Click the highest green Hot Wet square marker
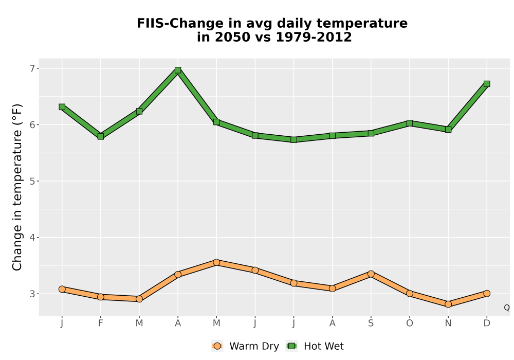tap(178, 70)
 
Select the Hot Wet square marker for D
tap(487, 84)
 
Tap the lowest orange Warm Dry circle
tap(448, 304)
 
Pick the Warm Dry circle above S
tap(371, 274)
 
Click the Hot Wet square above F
tap(101, 136)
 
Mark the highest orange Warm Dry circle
tap(216, 262)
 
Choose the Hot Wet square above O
tap(410, 123)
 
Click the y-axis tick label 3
tap(32, 294)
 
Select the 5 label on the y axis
tap(32, 182)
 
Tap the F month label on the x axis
tap(101, 323)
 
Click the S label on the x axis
tap(371, 323)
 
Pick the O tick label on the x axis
tap(410, 323)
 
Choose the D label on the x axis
tap(487, 323)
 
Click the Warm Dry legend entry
tap(246, 346)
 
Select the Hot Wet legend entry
tap(315, 346)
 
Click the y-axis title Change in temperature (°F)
tap(17, 187)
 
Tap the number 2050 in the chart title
tap(229, 37)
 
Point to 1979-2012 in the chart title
tap(314, 37)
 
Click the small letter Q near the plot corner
tap(507, 308)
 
